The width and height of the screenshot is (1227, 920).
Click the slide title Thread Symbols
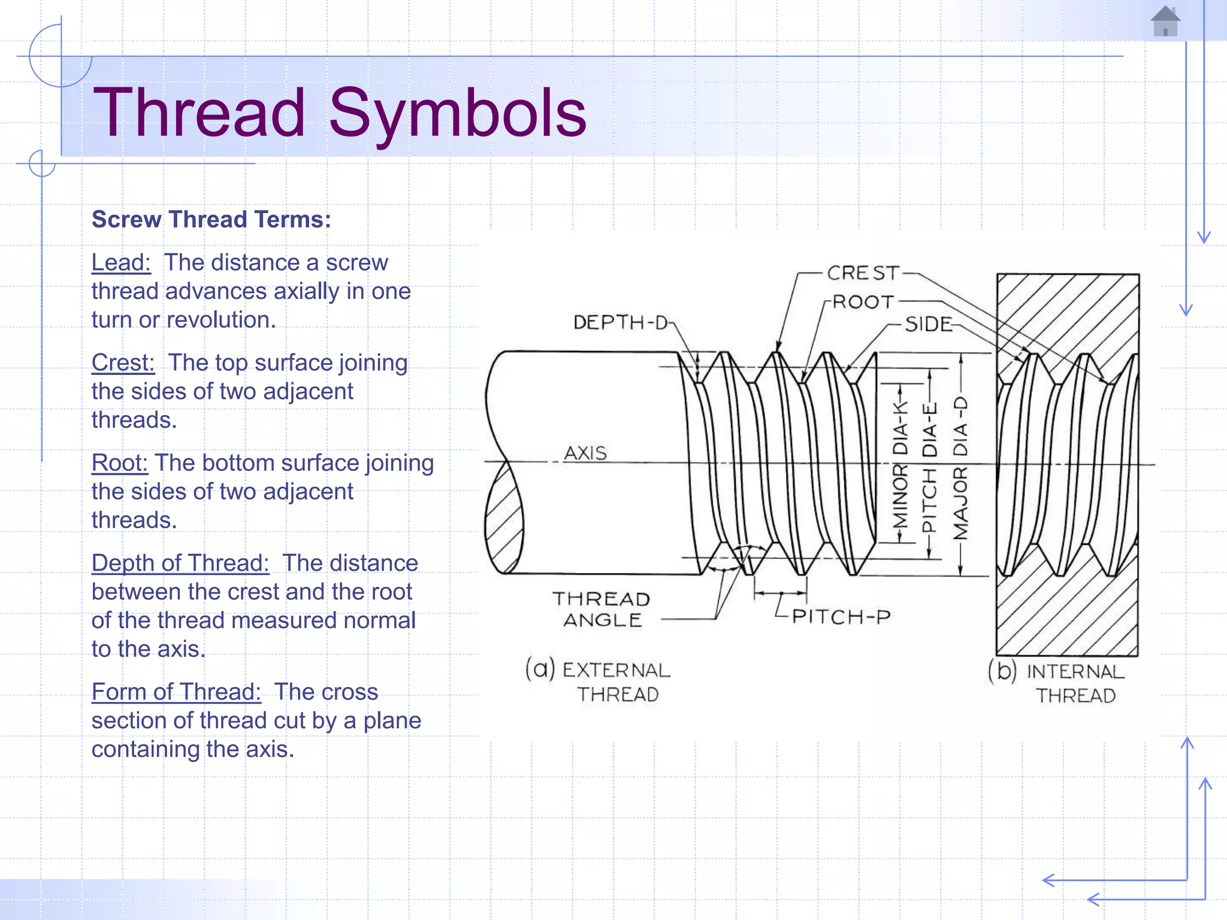[340, 113]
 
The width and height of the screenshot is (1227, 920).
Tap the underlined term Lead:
[121, 263]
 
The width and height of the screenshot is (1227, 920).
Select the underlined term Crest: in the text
[123, 363]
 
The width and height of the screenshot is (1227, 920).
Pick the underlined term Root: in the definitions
[119, 463]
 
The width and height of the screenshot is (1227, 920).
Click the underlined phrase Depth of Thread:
[180, 563]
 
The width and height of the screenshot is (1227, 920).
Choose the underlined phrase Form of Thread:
[176, 692]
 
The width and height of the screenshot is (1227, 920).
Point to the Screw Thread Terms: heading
[211, 220]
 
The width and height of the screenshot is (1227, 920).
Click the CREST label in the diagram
[863, 273]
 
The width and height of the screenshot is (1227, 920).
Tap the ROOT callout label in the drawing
[863, 302]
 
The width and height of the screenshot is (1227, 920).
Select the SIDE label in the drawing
[928, 325]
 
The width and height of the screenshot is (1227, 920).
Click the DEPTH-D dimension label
[621, 323]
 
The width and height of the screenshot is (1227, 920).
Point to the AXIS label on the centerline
[585, 453]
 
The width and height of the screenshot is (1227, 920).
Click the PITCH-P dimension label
[841, 616]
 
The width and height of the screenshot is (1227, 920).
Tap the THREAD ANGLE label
[602, 609]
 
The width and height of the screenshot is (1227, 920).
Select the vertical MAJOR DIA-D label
[960, 467]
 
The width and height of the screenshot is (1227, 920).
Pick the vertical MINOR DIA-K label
[900, 465]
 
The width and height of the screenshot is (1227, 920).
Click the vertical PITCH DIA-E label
[929, 467]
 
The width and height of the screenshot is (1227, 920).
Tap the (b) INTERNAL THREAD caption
[1058, 683]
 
